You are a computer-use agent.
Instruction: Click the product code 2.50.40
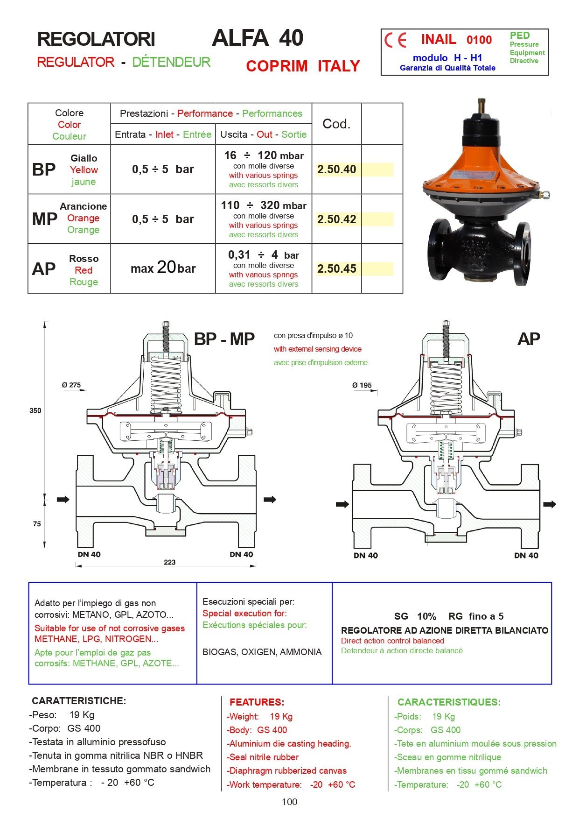point(336,169)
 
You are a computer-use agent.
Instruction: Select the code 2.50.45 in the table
point(336,269)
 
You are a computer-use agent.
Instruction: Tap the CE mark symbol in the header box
point(395,40)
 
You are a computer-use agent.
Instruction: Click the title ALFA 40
point(258,38)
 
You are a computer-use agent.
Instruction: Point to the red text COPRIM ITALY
point(303,66)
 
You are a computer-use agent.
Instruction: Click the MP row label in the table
point(44,219)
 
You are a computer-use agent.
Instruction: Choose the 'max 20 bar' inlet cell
point(163,268)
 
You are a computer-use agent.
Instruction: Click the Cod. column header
point(336,124)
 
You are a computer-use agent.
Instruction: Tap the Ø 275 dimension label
point(71,385)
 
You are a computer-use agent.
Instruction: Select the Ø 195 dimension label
point(362,385)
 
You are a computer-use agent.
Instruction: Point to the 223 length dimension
point(169,562)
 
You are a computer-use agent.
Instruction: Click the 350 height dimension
point(35,411)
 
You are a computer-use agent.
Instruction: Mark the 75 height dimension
point(37,524)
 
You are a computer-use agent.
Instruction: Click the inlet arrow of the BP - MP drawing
point(63,500)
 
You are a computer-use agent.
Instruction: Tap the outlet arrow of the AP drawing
point(550,504)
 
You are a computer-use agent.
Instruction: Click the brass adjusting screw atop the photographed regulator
point(481,106)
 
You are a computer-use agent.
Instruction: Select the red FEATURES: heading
point(257,702)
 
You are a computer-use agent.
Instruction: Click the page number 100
point(289,802)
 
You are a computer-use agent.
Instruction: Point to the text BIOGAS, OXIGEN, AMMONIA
point(262,652)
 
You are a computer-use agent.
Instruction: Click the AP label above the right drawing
point(529,339)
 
